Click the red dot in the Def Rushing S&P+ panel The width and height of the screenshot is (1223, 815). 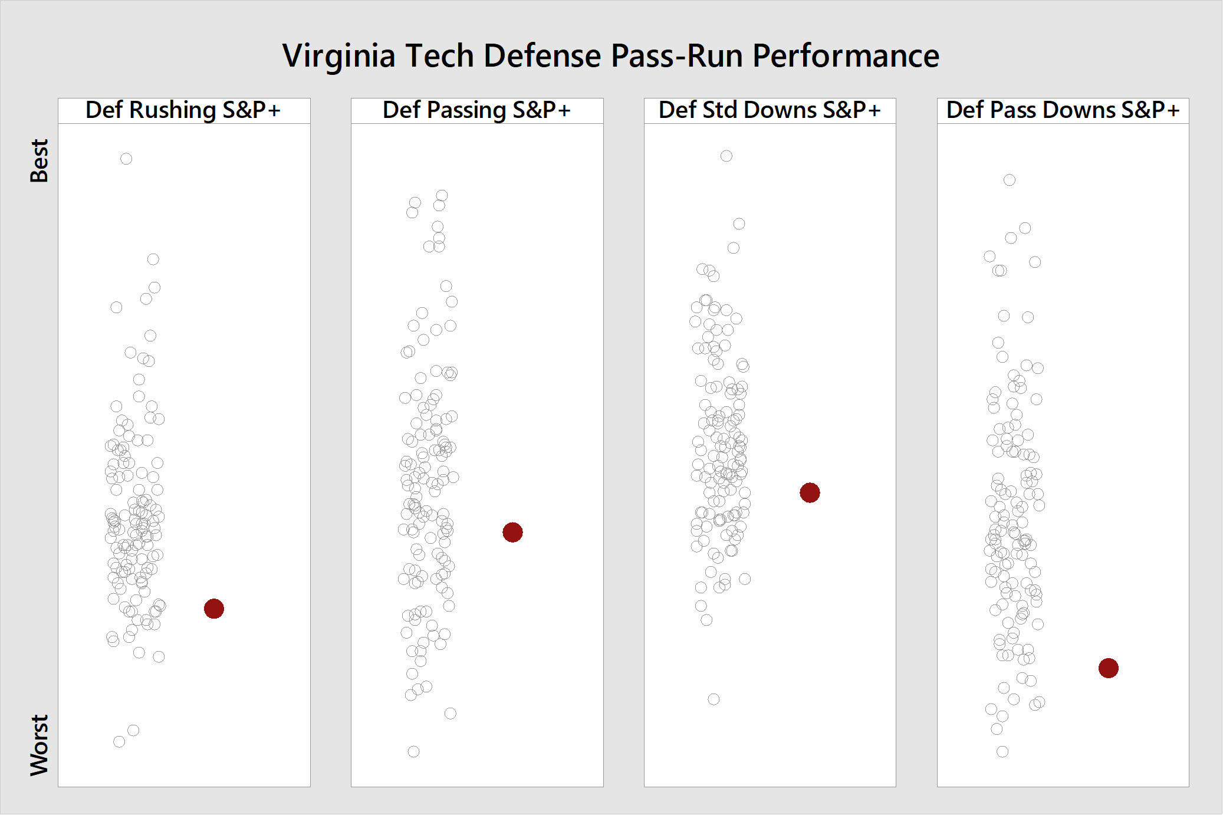tap(214, 609)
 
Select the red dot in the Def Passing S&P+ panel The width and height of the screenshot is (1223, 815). tap(512, 533)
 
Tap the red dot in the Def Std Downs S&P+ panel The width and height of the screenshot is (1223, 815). tap(810, 492)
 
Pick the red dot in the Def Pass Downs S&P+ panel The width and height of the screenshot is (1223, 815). tap(1109, 668)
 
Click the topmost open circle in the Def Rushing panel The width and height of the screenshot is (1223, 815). tap(126, 159)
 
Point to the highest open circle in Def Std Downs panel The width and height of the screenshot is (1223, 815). tap(726, 156)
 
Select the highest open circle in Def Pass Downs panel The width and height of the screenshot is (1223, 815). tap(1010, 180)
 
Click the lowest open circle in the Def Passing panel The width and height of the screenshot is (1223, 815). tap(413, 751)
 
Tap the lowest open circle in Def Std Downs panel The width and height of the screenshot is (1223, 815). tap(714, 699)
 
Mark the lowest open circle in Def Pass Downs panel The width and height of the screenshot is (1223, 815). tap(1002, 751)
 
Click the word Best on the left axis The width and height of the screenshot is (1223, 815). tap(40, 161)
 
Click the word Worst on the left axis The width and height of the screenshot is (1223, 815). tap(40, 745)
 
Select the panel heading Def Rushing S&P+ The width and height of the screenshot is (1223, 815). tap(183, 111)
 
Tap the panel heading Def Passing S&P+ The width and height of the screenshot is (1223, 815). tap(476, 111)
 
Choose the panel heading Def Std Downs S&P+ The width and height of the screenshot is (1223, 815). tap(770, 111)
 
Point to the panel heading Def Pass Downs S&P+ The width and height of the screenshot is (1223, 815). tap(1063, 111)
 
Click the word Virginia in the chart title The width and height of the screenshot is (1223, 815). tap(338, 57)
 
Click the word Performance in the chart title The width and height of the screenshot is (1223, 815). tap(846, 57)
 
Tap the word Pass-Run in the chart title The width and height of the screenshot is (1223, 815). tap(678, 57)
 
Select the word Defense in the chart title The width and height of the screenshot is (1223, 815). tap(543, 57)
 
